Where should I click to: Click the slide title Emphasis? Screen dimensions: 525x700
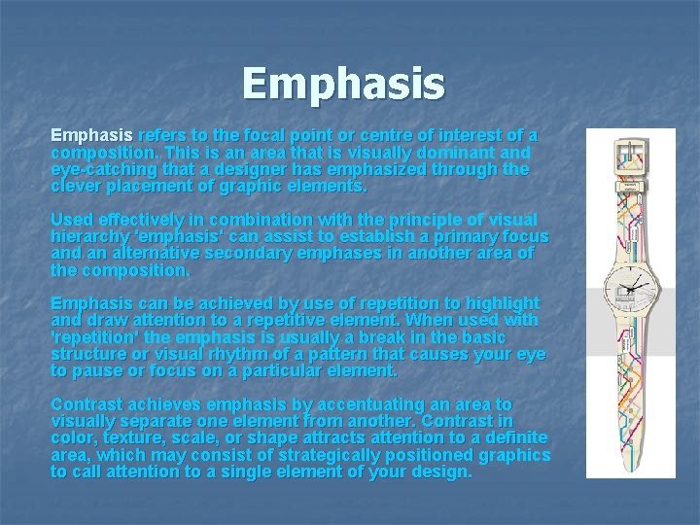point(343,84)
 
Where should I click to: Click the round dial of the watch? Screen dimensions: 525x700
point(630,288)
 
